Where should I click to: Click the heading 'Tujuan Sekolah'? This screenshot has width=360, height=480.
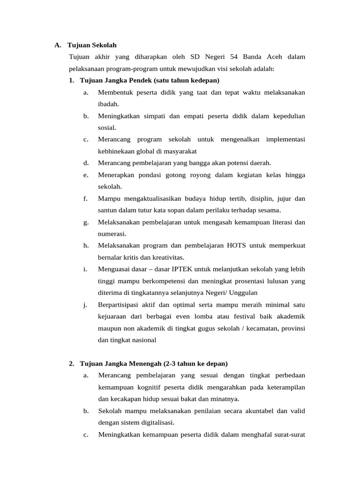[91, 45]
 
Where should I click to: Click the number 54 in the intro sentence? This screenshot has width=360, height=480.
[234, 57]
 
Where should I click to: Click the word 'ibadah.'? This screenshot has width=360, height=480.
[108, 104]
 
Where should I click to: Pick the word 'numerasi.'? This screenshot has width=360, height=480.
[112, 233]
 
